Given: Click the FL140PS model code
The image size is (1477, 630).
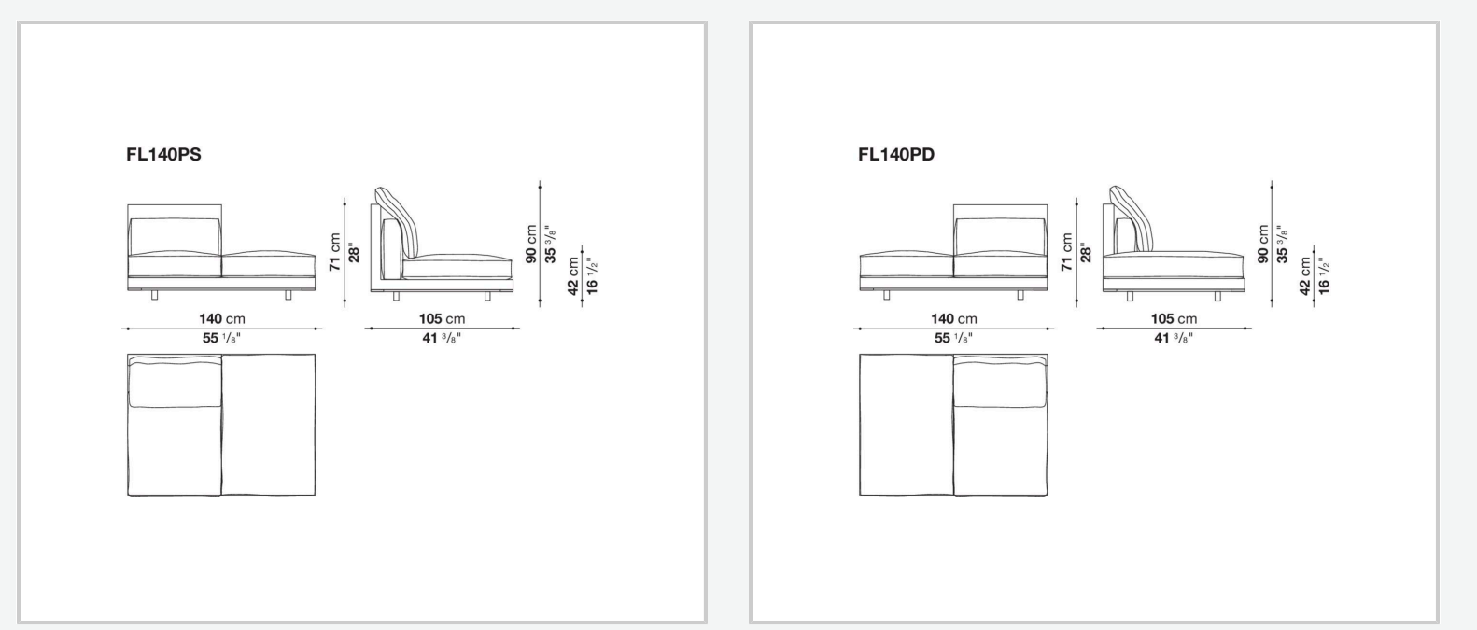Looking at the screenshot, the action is point(163,154).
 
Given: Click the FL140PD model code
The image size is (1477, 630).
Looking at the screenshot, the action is point(896,154).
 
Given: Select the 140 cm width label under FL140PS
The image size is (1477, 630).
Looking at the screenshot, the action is point(222,319).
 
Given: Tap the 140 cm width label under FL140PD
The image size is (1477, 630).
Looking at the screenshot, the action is point(954,319).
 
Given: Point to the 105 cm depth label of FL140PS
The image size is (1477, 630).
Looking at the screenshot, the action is point(442,319).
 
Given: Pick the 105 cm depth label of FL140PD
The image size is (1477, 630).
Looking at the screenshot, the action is point(1174,319).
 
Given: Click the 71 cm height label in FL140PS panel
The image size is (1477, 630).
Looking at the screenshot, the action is point(335,252).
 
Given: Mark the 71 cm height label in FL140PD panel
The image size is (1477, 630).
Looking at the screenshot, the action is point(1067,252).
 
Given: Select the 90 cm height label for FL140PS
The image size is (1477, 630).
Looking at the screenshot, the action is point(531,245).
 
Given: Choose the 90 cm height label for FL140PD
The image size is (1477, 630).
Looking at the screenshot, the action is point(1263,245).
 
